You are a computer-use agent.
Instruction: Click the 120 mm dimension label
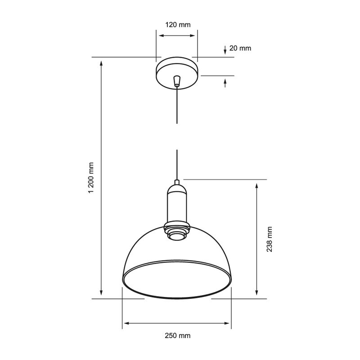pos(178,25)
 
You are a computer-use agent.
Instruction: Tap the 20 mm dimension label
pos(240,48)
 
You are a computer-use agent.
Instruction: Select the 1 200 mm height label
pos(91,178)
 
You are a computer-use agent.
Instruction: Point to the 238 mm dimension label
pos(269,239)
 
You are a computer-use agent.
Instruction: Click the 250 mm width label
pos(178,336)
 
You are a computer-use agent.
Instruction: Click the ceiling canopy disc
pos(177,73)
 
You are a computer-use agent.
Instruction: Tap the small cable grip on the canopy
pos(177,81)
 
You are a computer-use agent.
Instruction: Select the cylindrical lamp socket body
pos(177,207)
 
